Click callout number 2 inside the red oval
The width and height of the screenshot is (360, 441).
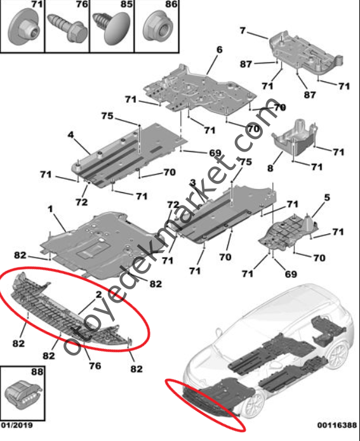[98, 294]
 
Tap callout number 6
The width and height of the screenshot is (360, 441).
[219, 49]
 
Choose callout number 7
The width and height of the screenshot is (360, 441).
[243, 30]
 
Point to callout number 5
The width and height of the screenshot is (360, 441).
[327, 198]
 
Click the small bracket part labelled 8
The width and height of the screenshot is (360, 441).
[293, 138]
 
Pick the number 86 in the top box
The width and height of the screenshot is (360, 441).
[171, 4]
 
